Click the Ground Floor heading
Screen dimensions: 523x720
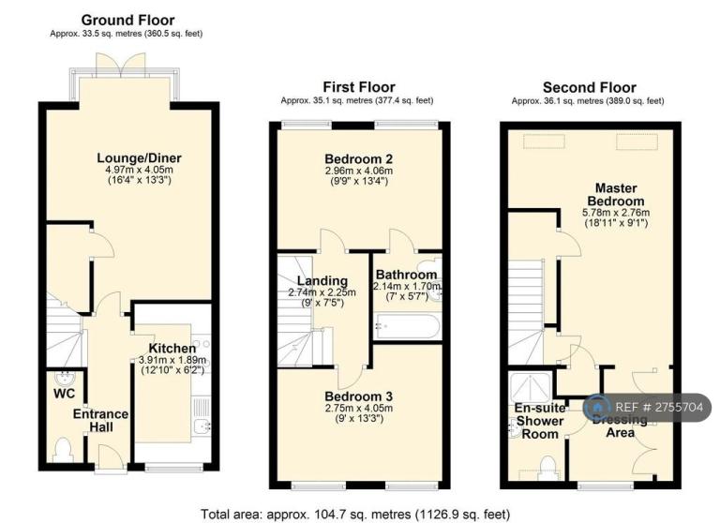pos(127,20)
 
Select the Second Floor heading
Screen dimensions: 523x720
pos(588,88)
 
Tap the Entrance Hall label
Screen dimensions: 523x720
pos(100,421)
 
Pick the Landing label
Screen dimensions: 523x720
pos(322,280)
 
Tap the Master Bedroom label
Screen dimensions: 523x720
pos(615,194)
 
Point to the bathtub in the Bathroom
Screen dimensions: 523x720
pos(404,326)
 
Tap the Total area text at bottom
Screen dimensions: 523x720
pos(356,514)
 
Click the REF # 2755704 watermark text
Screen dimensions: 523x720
pos(657,408)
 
